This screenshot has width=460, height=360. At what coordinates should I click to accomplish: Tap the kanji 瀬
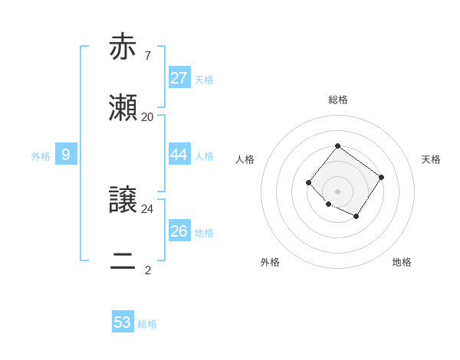[123, 109]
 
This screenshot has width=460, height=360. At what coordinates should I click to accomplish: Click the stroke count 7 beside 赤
[147, 55]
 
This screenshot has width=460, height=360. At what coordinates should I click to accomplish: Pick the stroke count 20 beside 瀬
[147, 117]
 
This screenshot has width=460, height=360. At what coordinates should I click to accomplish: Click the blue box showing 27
[179, 77]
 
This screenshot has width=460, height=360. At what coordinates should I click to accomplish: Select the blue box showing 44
[179, 155]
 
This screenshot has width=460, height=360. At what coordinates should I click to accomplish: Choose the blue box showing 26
[179, 231]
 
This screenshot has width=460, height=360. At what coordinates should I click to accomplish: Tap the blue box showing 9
[66, 155]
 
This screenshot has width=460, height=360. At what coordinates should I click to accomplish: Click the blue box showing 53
[123, 322]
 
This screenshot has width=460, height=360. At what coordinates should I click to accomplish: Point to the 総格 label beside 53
[148, 324]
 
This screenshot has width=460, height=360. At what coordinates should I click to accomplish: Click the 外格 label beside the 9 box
[41, 156]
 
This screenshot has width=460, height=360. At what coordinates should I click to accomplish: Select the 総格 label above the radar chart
[338, 100]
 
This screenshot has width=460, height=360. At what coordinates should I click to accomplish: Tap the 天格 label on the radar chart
[431, 159]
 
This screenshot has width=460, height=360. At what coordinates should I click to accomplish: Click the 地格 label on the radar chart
[402, 262]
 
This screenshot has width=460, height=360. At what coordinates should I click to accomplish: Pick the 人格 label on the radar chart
[245, 159]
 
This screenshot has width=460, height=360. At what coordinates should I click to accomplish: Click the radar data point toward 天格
[382, 177]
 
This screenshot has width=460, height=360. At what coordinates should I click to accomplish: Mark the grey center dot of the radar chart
[338, 191]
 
